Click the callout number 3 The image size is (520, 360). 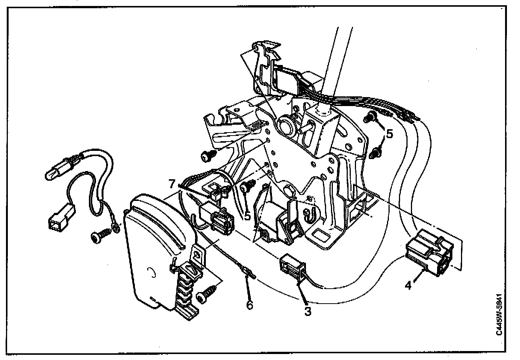coord(307,311)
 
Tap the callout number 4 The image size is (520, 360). coord(408,285)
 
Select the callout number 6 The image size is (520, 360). coord(250,305)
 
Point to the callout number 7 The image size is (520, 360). coord(172,184)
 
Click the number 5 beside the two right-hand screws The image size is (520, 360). coord(389,134)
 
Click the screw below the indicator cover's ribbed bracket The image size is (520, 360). coord(207,294)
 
